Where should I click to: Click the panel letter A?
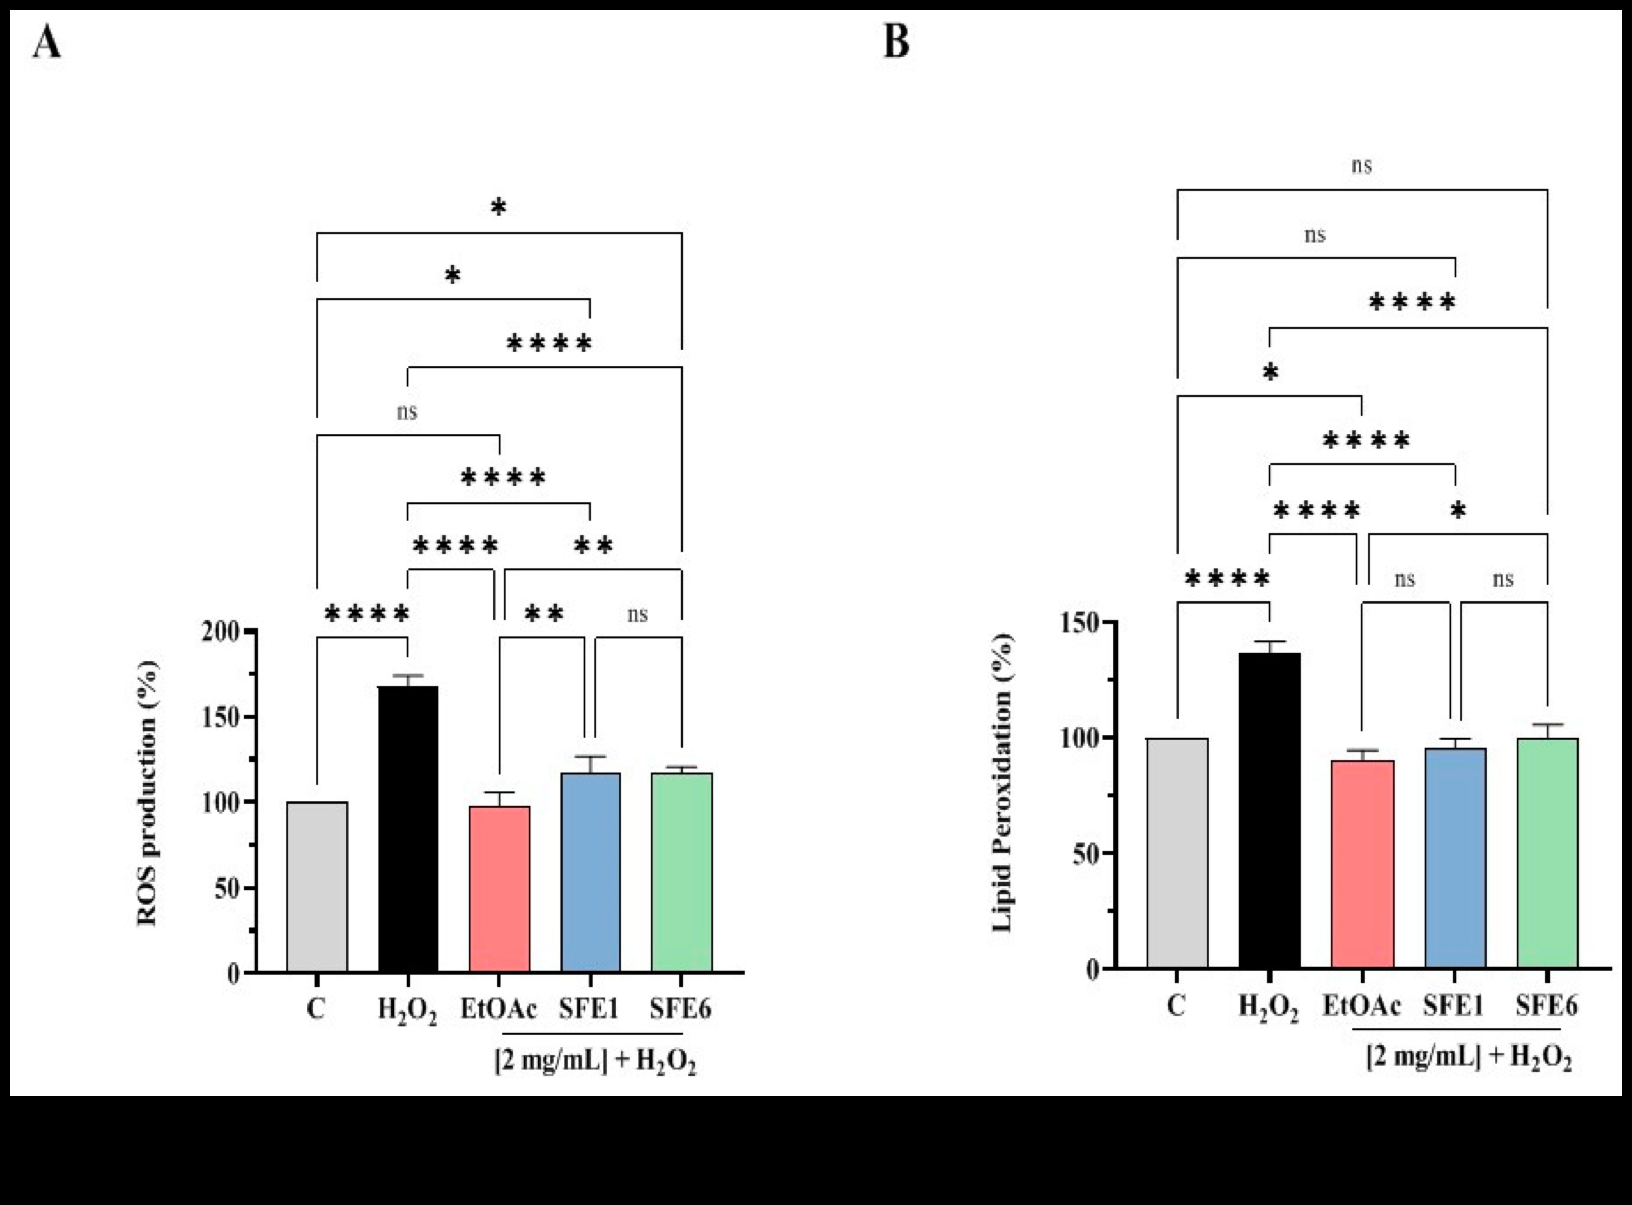point(47,42)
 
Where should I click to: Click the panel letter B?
point(897,42)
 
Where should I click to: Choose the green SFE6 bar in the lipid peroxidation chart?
point(1547,853)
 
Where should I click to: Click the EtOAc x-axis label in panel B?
point(1361,1006)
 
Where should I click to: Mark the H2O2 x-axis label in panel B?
point(1269,1007)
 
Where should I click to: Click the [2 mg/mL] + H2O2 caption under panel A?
point(595,1061)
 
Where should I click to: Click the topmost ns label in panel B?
point(1361,166)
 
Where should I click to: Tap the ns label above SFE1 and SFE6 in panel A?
point(637,615)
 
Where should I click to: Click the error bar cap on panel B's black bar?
point(1269,642)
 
